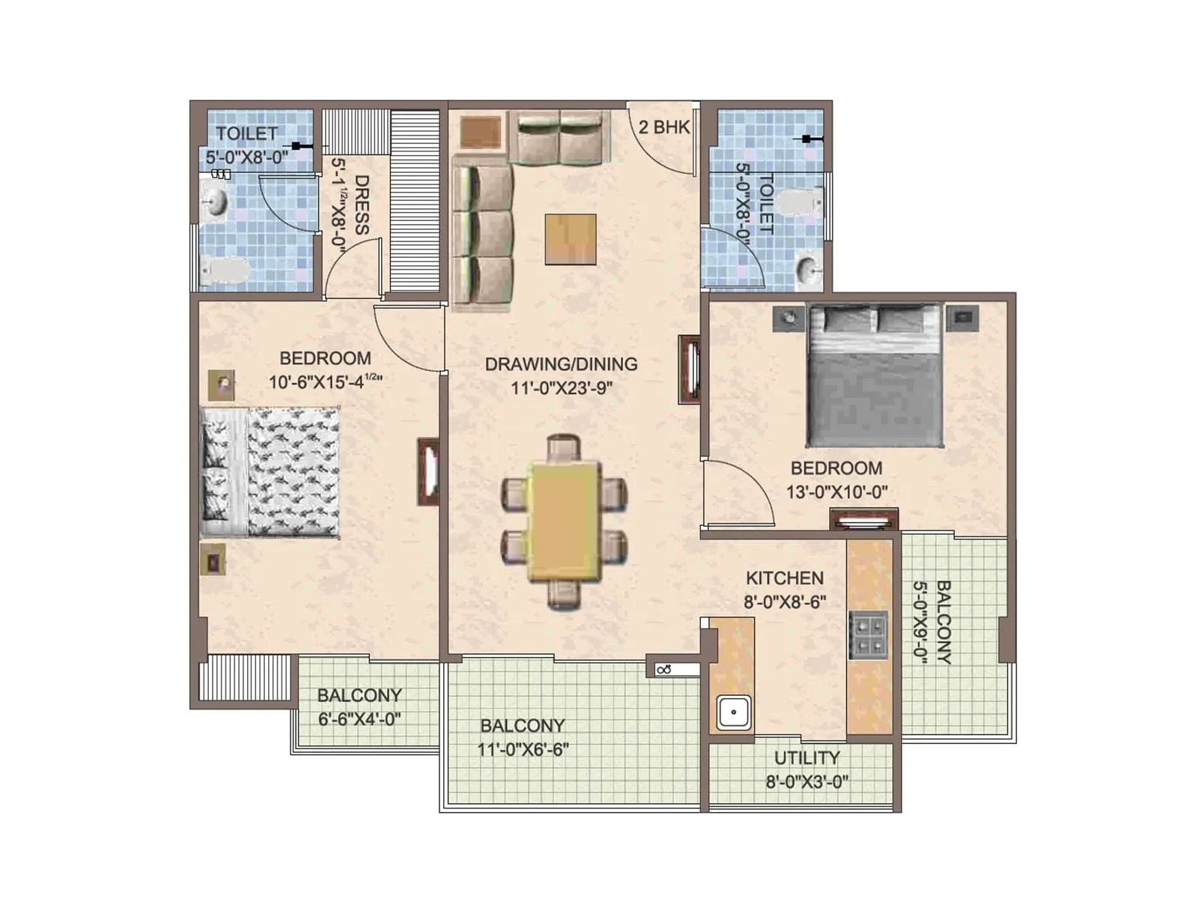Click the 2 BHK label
663,127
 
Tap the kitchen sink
734,712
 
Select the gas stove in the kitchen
868,635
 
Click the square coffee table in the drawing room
571,239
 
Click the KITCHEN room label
784,578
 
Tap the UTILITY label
806,757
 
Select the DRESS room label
362,205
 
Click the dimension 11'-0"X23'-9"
562,388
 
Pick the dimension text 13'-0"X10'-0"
836,492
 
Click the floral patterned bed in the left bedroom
270,472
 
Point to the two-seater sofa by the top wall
559,138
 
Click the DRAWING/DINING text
561,364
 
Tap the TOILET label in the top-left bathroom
246,133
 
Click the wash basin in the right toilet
807,270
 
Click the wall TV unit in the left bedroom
428,472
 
